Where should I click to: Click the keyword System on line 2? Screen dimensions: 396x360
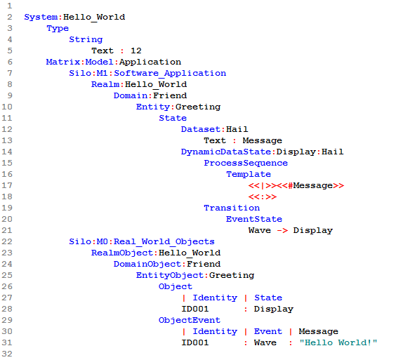pos(41,17)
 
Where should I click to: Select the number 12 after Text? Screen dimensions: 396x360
pos(136,51)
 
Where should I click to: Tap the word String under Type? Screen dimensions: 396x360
pos(86,40)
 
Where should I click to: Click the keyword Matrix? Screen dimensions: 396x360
pos(63,62)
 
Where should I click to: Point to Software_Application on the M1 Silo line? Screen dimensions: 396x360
pos(170,74)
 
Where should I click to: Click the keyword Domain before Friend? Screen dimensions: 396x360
pos(131,95)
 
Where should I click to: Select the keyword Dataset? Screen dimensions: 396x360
pos(201,129)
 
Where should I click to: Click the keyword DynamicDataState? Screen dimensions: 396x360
pos(226,152)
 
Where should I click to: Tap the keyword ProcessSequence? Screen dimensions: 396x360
pos(246,164)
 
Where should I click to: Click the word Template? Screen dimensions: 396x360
pos(249,175)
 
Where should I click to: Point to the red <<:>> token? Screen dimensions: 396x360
pos(263,196)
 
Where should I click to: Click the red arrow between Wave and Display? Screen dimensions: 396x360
pos(282,230)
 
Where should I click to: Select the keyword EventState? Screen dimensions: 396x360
pos(254,219)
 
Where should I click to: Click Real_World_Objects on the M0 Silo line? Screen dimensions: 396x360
pos(164,242)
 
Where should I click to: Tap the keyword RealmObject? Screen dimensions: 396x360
pos(122,253)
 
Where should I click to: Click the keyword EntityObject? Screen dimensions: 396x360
pos(170,275)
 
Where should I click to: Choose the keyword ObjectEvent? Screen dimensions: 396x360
pos(190,321)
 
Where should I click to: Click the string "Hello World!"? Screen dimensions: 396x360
pos(338,342)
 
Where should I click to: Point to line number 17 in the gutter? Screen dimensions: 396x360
pos(7,185)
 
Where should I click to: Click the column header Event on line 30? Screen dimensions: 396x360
pos(268,331)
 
